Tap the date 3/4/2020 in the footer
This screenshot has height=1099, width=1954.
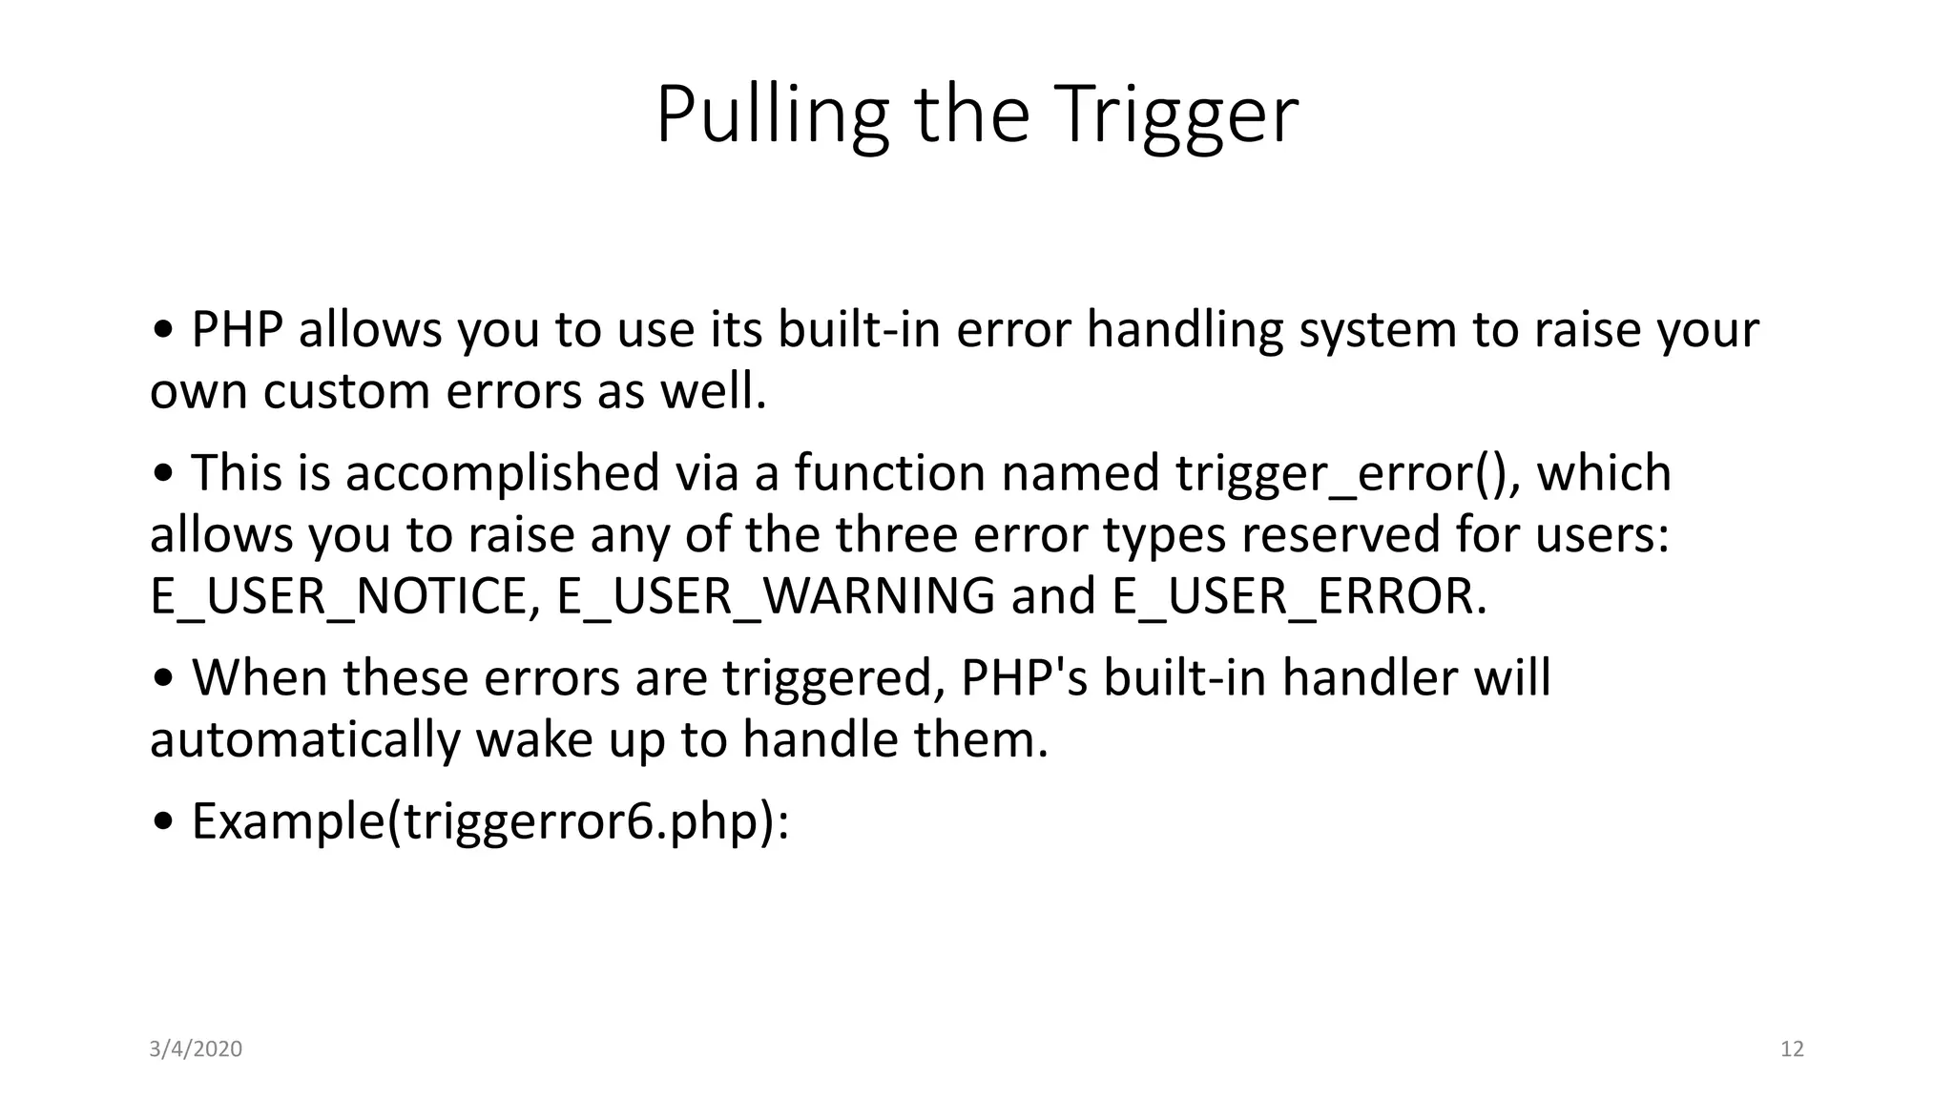pyautogui.click(x=196, y=1049)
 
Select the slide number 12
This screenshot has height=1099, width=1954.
pyautogui.click(x=1792, y=1049)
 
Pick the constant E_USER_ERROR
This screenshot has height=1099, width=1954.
pyautogui.click(x=1298, y=596)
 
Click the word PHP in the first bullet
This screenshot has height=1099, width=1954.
pyautogui.click(x=237, y=330)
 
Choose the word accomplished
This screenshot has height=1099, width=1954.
pyautogui.click(x=502, y=473)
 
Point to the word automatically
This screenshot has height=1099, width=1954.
pyautogui.click(x=304, y=740)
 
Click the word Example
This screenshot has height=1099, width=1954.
pyautogui.click(x=287, y=821)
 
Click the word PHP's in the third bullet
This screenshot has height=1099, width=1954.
pyautogui.click(x=1024, y=678)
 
